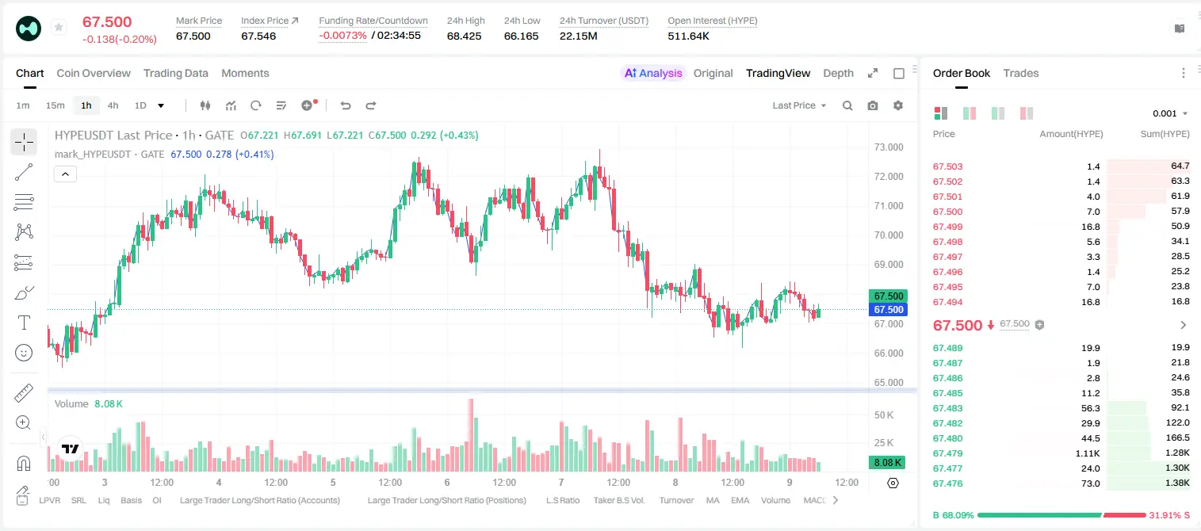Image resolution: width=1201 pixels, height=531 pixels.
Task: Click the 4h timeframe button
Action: click(x=113, y=105)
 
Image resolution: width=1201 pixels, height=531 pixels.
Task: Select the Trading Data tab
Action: click(x=175, y=73)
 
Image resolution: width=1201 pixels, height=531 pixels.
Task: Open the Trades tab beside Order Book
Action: click(x=1020, y=73)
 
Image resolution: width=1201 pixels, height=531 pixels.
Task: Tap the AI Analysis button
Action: click(x=653, y=73)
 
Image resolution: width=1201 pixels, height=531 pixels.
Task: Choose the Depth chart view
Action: click(x=838, y=73)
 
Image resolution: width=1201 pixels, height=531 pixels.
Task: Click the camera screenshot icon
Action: click(x=872, y=105)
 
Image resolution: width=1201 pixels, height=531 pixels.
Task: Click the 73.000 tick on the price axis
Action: click(x=889, y=147)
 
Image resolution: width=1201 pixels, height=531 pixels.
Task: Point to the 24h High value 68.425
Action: click(x=464, y=36)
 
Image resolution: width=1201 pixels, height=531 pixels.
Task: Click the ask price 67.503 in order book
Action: click(x=947, y=166)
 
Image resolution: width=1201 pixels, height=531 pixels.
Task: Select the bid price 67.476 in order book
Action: click(x=947, y=483)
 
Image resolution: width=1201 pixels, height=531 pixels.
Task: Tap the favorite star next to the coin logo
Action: click(x=59, y=27)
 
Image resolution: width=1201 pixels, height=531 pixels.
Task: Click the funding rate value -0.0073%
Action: click(x=342, y=36)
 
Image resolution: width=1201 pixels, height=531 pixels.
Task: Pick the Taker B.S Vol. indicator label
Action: click(x=618, y=500)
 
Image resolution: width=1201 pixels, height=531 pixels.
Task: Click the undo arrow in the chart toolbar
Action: click(x=346, y=105)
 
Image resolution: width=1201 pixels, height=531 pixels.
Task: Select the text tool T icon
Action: click(x=24, y=323)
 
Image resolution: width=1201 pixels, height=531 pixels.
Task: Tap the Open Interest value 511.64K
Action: click(x=688, y=36)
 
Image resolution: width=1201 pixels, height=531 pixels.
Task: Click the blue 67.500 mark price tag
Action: click(x=888, y=310)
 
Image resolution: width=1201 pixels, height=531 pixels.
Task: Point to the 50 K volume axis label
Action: click(x=884, y=414)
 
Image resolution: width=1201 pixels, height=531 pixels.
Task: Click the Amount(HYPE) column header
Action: click(x=1071, y=134)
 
